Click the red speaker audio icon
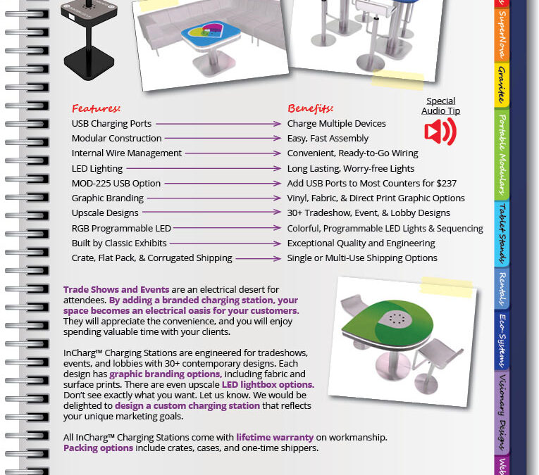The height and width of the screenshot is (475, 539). pyautogui.click(x=440, y=132)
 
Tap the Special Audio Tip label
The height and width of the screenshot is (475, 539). pyautogui.click(x=440, y=106)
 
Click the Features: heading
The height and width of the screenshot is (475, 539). pyautogui.click(x=96, y=108)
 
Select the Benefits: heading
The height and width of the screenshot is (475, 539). pyautogui.click(x=310, y=108)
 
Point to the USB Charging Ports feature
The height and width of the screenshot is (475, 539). pyautogui.click(x=111, y=124)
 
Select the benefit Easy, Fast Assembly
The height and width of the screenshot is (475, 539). pyautogui.click(x=328, y=139)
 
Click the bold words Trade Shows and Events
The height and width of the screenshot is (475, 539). pyautogui.click(x=116, y=289)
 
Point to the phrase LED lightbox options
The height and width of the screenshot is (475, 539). pyautogui.click(x=266, y=385)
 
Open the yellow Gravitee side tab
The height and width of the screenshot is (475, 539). pyautogui.click(x=501, y=85)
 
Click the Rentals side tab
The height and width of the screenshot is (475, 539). pyautogui.click(x=501, y=289)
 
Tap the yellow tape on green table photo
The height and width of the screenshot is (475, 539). pyautogui.click(x=446, y=286)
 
